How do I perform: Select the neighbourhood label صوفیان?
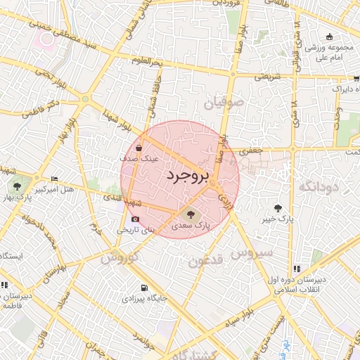(223, 103)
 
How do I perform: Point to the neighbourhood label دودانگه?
(319, 186)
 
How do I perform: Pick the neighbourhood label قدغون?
(205, 261)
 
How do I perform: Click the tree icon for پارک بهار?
(16, 186)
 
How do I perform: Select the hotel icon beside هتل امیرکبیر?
(55, 179)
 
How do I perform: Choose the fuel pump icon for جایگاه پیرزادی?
(144, 288)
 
